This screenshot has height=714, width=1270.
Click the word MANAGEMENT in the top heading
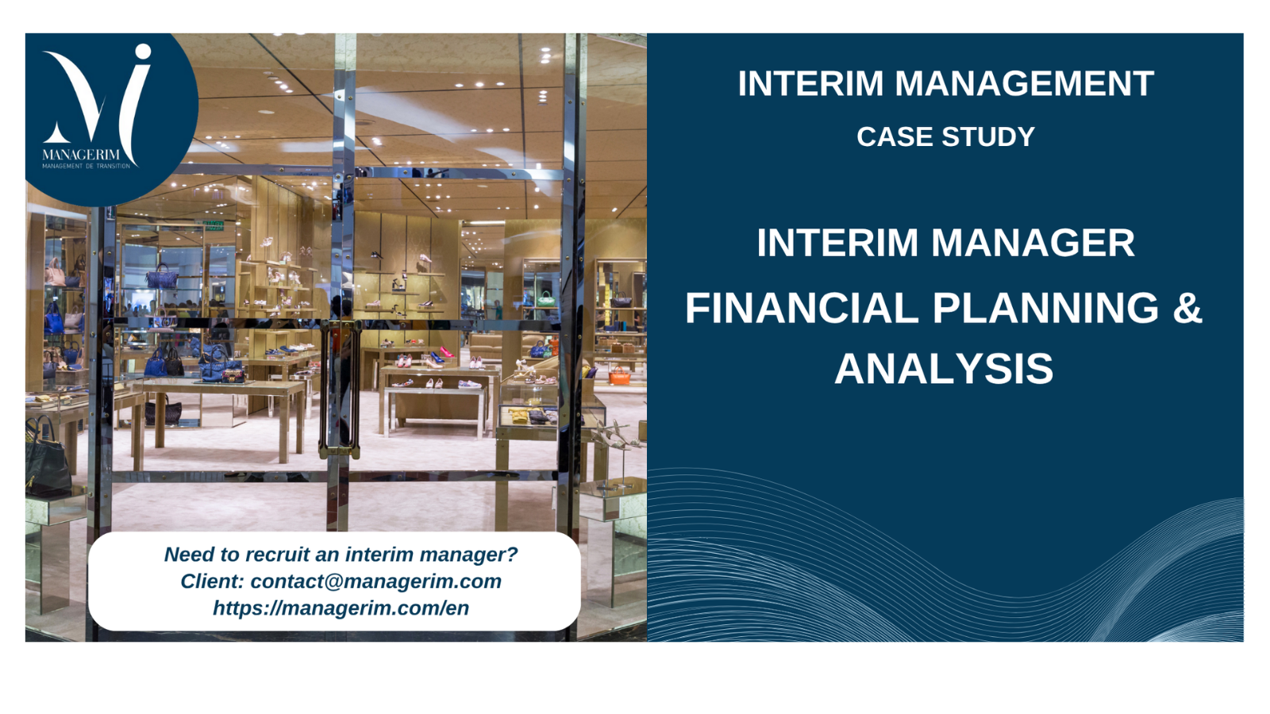(1024, 84)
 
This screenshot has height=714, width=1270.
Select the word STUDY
(989, 137)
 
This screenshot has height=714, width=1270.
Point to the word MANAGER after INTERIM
(1033, 243)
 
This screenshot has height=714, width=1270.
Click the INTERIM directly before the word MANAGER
(837, 243)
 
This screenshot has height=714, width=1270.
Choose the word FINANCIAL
(802, 309)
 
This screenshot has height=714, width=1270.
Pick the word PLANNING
(1045, 309)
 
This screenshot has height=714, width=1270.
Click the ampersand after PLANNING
(1187, 309)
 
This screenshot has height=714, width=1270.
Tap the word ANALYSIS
(944, 369)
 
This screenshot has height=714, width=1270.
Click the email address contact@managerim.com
(376, 582)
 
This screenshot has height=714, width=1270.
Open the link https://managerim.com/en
(341, 608)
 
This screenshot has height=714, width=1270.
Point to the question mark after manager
(513, 555)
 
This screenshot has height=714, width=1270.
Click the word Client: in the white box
(212, 582)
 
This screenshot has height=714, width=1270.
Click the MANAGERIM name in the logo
(81, 155)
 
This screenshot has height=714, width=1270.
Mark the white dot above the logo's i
(143, 52)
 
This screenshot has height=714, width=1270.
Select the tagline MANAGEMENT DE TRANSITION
(87, 166)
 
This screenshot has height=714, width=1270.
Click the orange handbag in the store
(620, 375)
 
